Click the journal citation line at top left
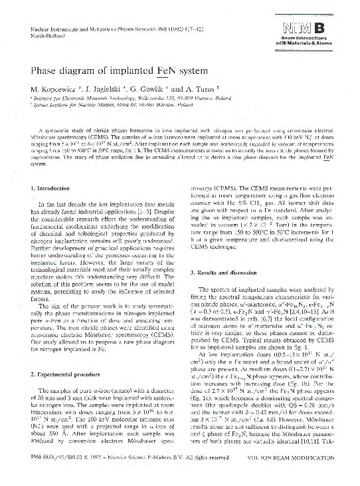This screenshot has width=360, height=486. (x=97, y=30)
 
